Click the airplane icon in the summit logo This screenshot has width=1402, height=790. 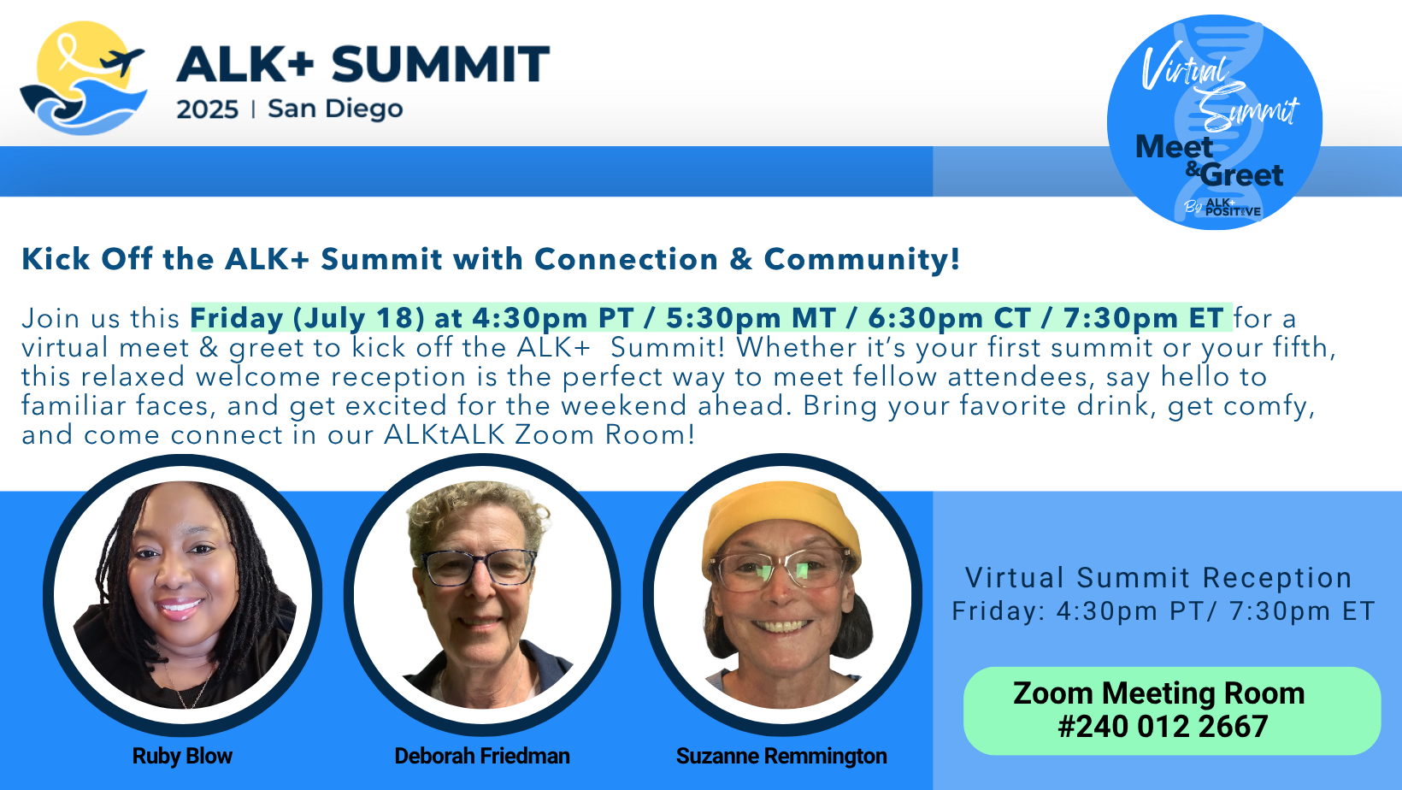click(122, 62)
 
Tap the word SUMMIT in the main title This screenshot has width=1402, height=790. click(440, 64)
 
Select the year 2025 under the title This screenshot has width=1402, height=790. click(207, 109)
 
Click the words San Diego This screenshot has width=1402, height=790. click(335, 109)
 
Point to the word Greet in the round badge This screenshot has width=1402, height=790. click(1242, 174)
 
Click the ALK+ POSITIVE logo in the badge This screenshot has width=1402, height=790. click(1233, 208)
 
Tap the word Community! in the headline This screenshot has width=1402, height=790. click(862, 259)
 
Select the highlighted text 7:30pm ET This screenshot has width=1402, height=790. click(1144, 318)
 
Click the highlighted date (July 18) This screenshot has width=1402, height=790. click(359, 319)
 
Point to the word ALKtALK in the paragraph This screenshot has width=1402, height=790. click(445, 435)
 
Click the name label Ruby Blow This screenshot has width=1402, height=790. click(182, 756)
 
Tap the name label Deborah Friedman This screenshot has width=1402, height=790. click(482, 756)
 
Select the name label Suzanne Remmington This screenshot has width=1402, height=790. click(781, 756)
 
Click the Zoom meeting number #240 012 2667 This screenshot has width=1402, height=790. click(1163, 727)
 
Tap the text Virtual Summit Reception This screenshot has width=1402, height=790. click(1158, 578)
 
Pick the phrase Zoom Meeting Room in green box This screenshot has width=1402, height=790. click(1159, 693)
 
